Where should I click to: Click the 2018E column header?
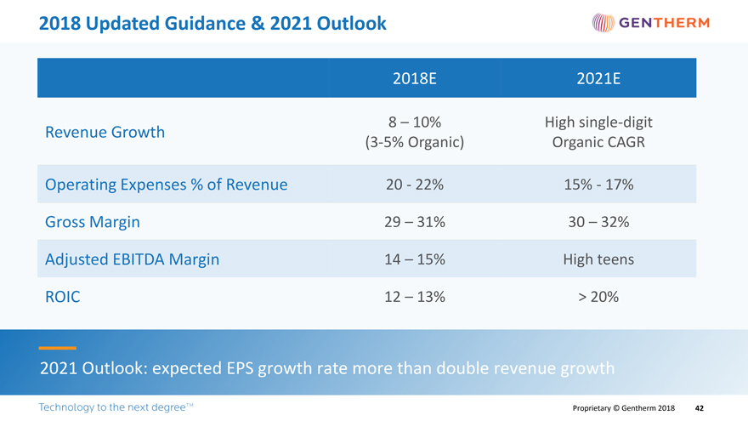(415, 79)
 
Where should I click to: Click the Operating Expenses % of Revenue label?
(166, 185)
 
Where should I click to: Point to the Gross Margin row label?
(93, 222)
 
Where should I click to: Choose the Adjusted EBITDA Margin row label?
(132, 259)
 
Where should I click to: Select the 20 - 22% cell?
(415, 185)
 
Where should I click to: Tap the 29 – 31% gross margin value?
(415, 222)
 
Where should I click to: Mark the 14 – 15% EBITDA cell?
(415, 259)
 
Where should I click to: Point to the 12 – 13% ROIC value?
(415, 297)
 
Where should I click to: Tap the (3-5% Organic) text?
(415, 142)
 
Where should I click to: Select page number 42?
(700, 408)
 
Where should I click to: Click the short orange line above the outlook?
(57, 348)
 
